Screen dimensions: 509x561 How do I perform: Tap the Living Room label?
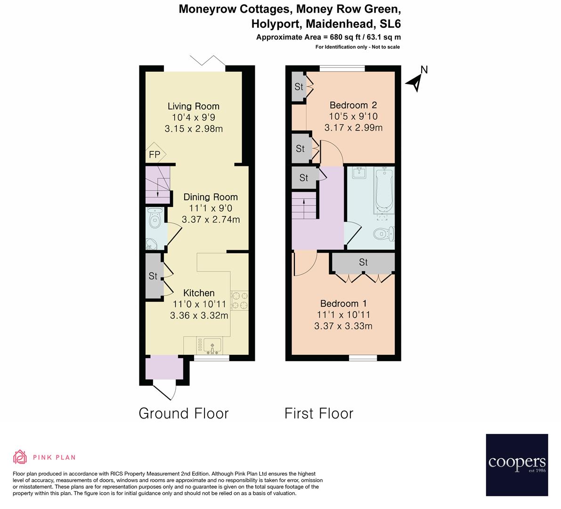194,106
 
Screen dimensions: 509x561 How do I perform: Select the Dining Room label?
211,197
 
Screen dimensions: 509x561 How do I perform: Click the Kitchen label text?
199,293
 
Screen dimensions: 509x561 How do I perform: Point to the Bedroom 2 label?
353,105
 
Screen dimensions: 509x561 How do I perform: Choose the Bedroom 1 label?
343,304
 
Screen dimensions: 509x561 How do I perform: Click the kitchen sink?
212,345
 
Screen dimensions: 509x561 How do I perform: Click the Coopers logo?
517,465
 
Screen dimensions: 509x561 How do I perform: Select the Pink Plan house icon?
20,457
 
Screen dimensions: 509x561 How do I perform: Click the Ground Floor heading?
184,413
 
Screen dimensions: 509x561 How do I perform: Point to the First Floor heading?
319,413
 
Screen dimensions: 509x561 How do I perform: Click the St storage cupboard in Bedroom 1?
363,262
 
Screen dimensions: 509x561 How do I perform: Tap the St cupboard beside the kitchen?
153,276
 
